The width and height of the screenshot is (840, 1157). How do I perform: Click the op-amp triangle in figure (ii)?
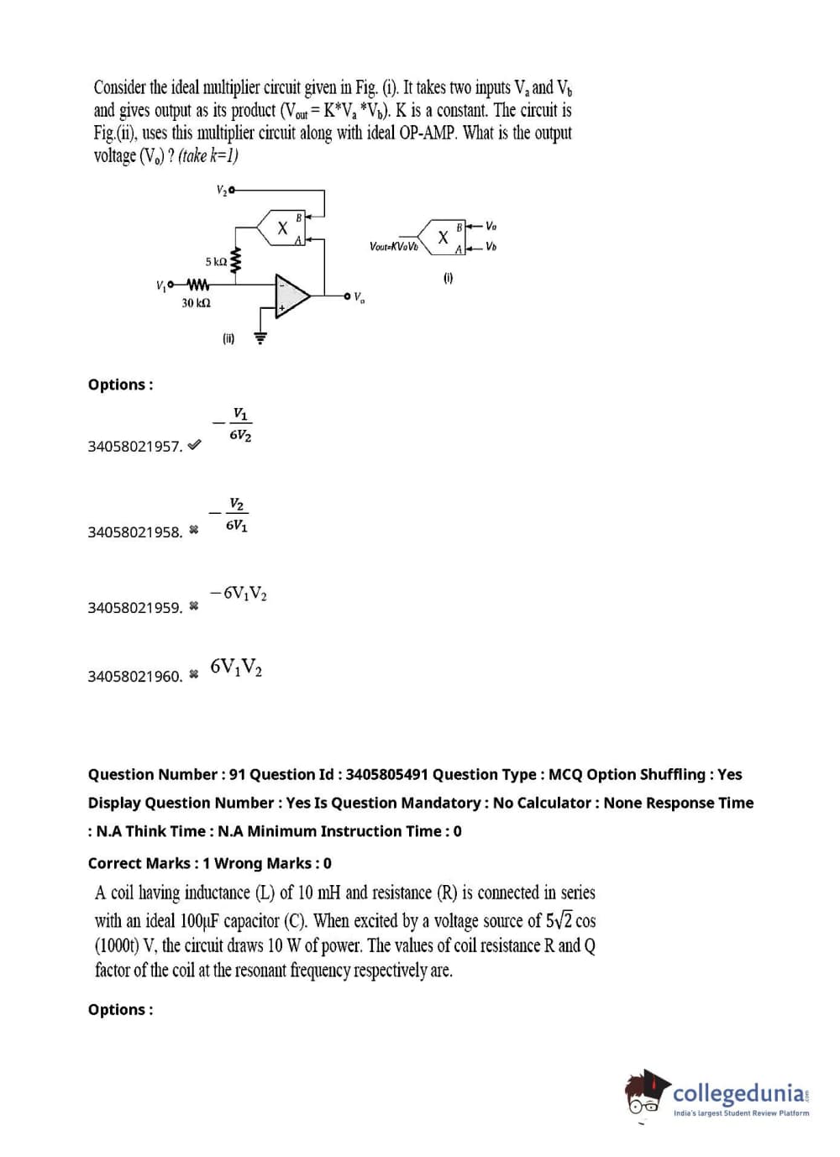pyautogui.click(x=290, y=296)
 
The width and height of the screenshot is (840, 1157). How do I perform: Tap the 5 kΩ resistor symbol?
pyautogui.click(x=236, y=261)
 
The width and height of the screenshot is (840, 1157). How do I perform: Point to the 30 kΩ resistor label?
pyautogui.click(x=196, y=303)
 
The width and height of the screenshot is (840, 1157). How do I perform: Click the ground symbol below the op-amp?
pyautogui.click(x=260, y=338)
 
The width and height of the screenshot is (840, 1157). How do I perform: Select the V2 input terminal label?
pyautogui.click(x=222, y=191)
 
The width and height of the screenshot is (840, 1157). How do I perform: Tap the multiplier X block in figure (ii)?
pyautogui.click(x=283, y=228)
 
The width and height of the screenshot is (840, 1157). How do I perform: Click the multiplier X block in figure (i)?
pyautogui.click(x=443, y=238)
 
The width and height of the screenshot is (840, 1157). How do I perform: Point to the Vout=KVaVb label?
pyautogui.click(x=393, y=247)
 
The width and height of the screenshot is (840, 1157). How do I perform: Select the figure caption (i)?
pyautogui.click(x=448, y=278)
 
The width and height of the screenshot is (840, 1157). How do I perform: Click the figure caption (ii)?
pyautogui.click(x=228, y=338)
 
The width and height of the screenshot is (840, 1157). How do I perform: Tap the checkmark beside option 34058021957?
pyautogui.click(x=194, y=445)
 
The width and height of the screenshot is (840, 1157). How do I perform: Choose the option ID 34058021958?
pyautogui.click(x=134, y=532)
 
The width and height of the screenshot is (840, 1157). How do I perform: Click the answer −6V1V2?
pyautogui.click(x=239, y=594)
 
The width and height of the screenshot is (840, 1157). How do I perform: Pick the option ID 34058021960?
pyautogui.click(x=134, y=676)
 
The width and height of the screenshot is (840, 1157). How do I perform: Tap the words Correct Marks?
pyautogui.click(x=139, y=863)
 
